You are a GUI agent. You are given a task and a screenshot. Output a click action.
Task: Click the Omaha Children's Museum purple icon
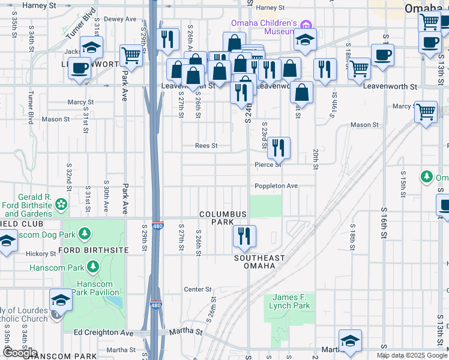(x=307, y=25)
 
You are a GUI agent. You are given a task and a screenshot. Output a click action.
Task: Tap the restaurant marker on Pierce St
(x=279, y=148)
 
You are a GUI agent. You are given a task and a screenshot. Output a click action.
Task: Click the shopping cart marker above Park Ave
(x=131, y=55)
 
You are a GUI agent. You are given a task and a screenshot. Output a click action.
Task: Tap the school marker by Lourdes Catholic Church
(x=61, y=300)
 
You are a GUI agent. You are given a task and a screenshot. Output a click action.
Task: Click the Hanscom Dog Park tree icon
(x=85, y=233)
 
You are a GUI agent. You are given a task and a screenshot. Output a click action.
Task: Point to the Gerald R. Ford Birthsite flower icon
(x=61, y=205)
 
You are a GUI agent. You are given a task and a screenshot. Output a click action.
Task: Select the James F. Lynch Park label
(x=291, y=301)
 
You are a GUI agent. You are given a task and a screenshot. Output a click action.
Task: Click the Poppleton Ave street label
(x=276, y=186)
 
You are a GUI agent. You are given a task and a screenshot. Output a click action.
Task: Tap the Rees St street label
(x=206, y=146)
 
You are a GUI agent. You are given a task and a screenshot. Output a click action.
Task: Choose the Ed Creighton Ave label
(x=103, y=332)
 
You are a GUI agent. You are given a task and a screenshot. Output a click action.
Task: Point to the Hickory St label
(x=41, y=254)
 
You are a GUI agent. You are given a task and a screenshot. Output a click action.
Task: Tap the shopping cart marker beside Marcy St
(x=426, y=111)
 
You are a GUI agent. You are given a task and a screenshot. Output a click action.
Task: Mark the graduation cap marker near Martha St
(x=350, y=340)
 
